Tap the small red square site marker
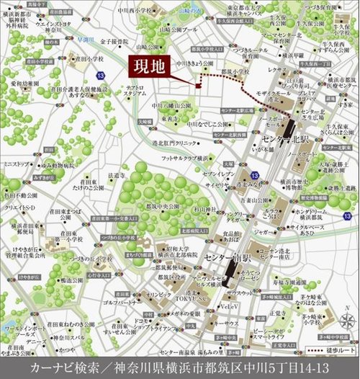coord(196,86)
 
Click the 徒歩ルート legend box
coord(333,350)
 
